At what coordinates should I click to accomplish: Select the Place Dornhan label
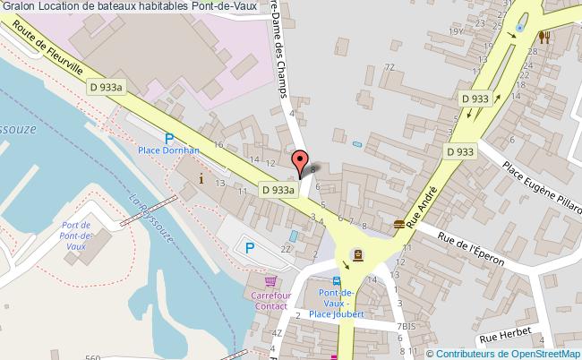167,151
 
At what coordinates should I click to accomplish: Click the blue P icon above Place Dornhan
169,137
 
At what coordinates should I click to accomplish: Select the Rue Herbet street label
506,334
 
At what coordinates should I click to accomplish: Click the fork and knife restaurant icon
543,37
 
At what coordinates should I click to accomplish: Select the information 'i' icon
201,178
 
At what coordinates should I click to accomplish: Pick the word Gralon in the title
18,7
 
